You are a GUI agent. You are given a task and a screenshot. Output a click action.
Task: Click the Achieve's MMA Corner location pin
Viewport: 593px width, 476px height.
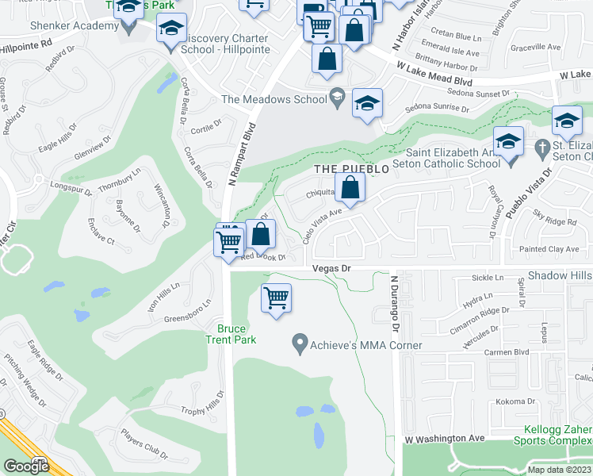point(300,344)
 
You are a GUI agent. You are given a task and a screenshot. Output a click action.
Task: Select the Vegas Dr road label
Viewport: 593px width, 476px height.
point(331,269)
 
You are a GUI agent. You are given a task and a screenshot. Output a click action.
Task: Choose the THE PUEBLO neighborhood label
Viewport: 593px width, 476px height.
point(352,169)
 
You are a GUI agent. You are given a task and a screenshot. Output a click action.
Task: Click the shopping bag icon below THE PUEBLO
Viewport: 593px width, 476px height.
point(350,189)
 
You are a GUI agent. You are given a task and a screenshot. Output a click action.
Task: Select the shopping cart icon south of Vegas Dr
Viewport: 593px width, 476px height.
point(277,299)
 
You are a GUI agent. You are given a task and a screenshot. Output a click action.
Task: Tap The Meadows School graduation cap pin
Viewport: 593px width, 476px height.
point(367,104)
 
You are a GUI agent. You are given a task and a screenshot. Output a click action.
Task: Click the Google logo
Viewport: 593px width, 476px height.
point(26,466)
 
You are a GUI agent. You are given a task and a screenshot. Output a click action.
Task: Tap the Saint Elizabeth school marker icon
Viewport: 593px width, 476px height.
point(508,143)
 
